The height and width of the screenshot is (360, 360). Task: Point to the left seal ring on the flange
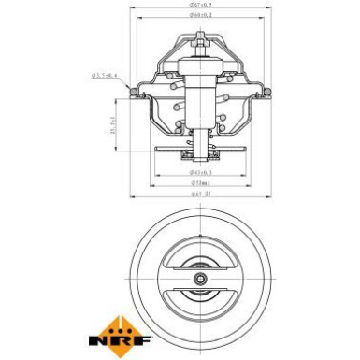[x=139, y=90]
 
